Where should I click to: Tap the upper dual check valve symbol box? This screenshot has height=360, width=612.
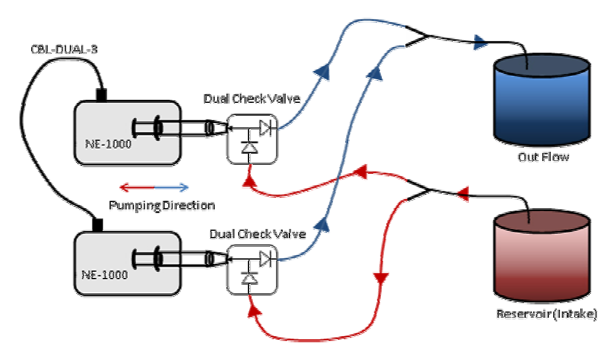[252, 139]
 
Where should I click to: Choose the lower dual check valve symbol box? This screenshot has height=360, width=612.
[252, 268]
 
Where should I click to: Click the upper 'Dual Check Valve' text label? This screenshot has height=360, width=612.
[252, 99]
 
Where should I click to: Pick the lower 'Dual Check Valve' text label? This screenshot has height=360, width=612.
[257, 233]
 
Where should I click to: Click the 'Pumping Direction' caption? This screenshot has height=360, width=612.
[162, 206]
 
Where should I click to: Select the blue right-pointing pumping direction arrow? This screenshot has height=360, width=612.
[172, 187]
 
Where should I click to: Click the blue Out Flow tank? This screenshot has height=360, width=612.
[542, 99]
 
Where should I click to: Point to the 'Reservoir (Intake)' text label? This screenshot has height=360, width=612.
[545, 314]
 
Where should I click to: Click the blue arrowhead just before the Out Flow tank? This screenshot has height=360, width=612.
[480, 42]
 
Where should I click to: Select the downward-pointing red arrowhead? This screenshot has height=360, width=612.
[382, 279]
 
